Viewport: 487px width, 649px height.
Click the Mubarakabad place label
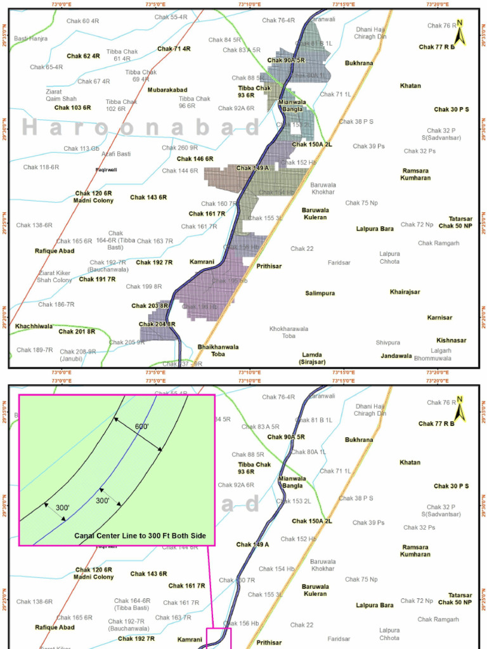click(x=167, y=90)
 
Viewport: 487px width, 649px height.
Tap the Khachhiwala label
click(x=34, y=326)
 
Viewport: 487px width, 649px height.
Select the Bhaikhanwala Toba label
click(x=218, y=350)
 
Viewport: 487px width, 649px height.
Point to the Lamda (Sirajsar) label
click(x=312, y=358)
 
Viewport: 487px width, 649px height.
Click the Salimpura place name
click(x=320, y=293)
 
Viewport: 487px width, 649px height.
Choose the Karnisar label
click(x=439, y=318)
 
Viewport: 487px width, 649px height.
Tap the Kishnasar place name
click(x=451, y=340)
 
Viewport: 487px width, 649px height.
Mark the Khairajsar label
click(x=405, y=292)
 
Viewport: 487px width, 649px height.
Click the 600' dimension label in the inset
click(x=141, y=427)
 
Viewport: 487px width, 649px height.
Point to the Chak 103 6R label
click(x=72, y=108)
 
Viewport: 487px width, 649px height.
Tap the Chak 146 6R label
click(x=195, y=159)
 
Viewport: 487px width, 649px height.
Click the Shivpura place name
click(x=387, y=343)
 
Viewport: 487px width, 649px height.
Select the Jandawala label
click(x=397, y=356)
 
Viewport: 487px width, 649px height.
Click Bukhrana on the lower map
click(x=359, y=440)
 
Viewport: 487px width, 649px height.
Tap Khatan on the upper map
click(x=410, y=86)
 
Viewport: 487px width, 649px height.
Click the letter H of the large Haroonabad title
click(x=30, y=127)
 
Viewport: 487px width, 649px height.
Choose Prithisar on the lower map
click(x=269, y=643)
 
